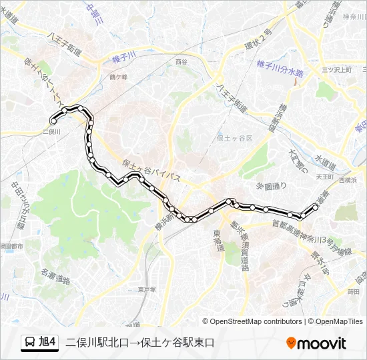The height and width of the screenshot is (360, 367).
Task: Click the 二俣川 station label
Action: pyautogui.click(x=51, y=132)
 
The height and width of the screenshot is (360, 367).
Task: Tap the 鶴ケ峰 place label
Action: pyautogui.click(x=119, y=77)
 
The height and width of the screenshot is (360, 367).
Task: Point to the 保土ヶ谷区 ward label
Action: pyautogui.click(x=235, y=138)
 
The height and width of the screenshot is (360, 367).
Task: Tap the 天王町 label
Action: pyautogui.click(x=325, y=177)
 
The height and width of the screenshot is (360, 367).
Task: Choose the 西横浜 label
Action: pyautogui.click(x=348, y=180)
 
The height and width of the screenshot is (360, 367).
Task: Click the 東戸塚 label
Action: pyautogui.click(x=147, y=289)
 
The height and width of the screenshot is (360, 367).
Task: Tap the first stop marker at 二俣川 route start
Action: pyautogui.click(x=53, y=121)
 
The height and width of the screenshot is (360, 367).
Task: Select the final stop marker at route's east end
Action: pyautogui.click(x=316, y=207)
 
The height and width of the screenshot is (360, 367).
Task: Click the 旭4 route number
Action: pyautogui.click(x=48, y=343)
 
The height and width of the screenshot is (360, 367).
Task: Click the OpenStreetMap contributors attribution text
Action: pyautogui.click(x=256, y=321)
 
